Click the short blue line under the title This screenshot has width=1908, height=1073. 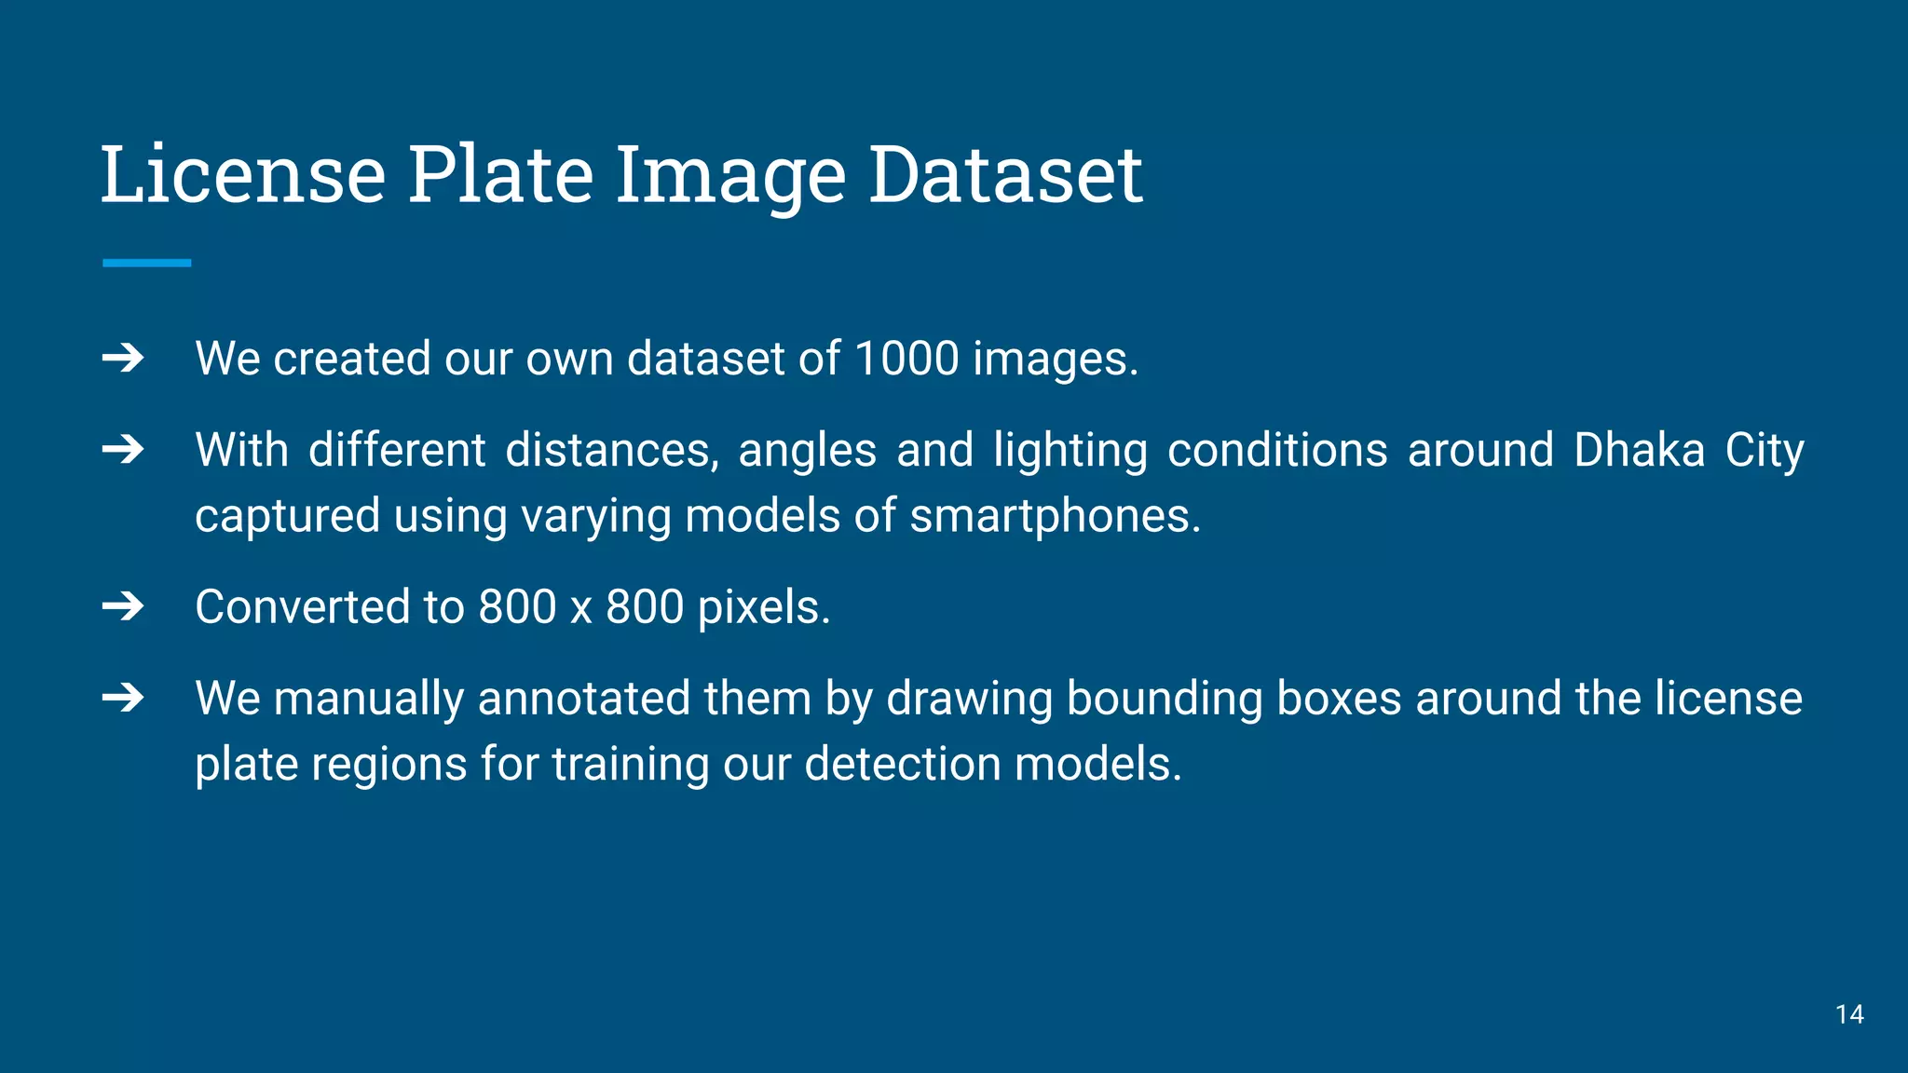coord(146,264)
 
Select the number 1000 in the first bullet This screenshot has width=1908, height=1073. coord(906,359)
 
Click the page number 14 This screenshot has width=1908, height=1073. coord(1849,1014)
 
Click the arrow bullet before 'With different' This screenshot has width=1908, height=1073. coord(123,450)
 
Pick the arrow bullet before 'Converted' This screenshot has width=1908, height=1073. coord(123,607)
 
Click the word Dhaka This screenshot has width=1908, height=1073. coord(1639,450)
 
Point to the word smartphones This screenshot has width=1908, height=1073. coord(1055,516)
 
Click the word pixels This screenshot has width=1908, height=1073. coord(763,607)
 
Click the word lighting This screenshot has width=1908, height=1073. coord(1070,452)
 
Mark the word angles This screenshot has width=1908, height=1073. coord(807,452)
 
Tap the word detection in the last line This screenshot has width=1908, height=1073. coord(901,765)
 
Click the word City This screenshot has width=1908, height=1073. coord(1764,452)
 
